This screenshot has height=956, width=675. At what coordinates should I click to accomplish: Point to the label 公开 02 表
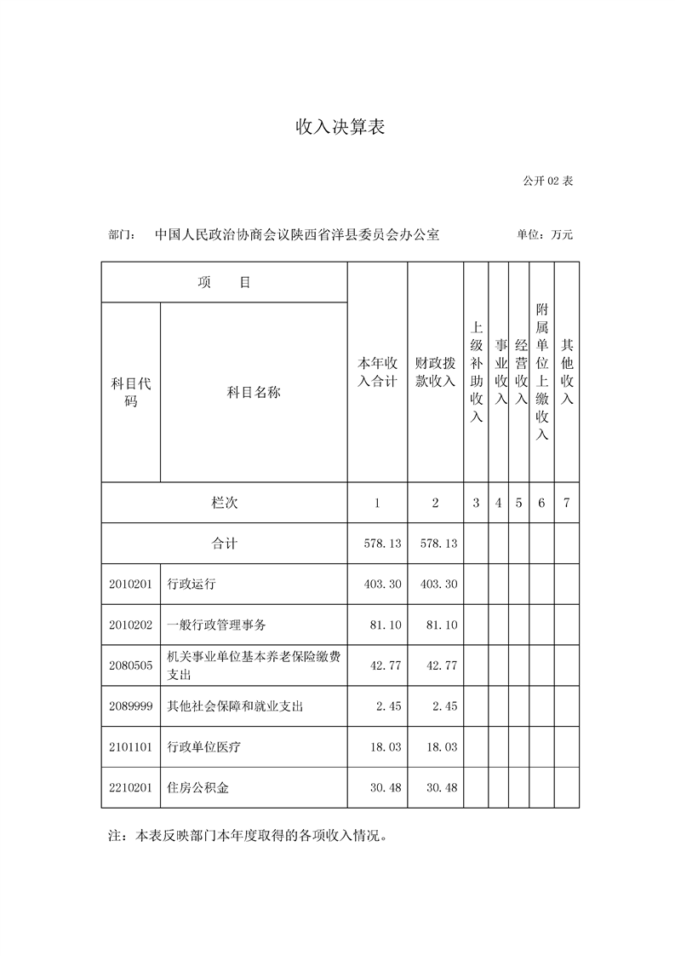pos(548,181)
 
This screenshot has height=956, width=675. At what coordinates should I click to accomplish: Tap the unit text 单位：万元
pos(545,234)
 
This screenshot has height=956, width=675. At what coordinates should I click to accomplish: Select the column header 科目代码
pos(131,393)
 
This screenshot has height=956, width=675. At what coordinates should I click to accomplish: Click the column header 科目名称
pos(254,393)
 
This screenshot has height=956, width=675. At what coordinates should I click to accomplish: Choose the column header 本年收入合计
pos(377,372)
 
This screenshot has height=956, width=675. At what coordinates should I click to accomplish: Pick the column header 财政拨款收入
pos(435,372)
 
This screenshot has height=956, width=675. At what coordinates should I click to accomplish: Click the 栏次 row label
pos(225,503)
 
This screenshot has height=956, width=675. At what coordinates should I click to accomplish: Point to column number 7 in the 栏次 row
pos(567,503)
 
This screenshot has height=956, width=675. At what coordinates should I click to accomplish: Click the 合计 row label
pos(225,544)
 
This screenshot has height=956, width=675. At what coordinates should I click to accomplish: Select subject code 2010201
pos(131,585)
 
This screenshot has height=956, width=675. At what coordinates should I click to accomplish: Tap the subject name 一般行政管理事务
pos(217,625)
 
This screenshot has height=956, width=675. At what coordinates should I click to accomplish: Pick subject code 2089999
pos(131,706)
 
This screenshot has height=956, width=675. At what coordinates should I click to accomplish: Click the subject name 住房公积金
pos(198,788)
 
